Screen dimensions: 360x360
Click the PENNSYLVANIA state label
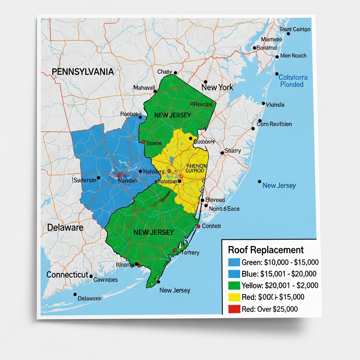pos(83,72)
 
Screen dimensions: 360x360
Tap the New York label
pos(217,87)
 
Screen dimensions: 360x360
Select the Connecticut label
pos(67,275)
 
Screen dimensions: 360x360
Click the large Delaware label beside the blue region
pos(65,227)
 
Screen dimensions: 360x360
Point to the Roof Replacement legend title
pos(266,250)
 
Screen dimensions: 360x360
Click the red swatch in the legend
pos(234,309)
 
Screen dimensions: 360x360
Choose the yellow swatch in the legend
pos(234,297)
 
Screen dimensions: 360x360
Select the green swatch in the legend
pos(234,285)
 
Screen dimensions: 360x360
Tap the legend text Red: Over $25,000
pos(270,309)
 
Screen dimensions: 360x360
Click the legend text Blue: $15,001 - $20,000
pos(279,274)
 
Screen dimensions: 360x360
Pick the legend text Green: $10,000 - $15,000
pos(280,262)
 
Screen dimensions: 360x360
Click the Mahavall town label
pos(144,88)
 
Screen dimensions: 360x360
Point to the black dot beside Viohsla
pos(263,103)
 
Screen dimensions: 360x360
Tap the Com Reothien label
pos(274,124)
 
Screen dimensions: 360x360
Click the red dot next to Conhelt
pos(199,226)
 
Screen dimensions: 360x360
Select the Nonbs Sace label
pos(224,209)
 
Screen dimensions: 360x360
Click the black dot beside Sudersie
pos(98,178)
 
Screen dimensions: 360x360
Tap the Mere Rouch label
pos(293,56)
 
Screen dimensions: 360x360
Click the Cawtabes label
pos(105,280)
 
